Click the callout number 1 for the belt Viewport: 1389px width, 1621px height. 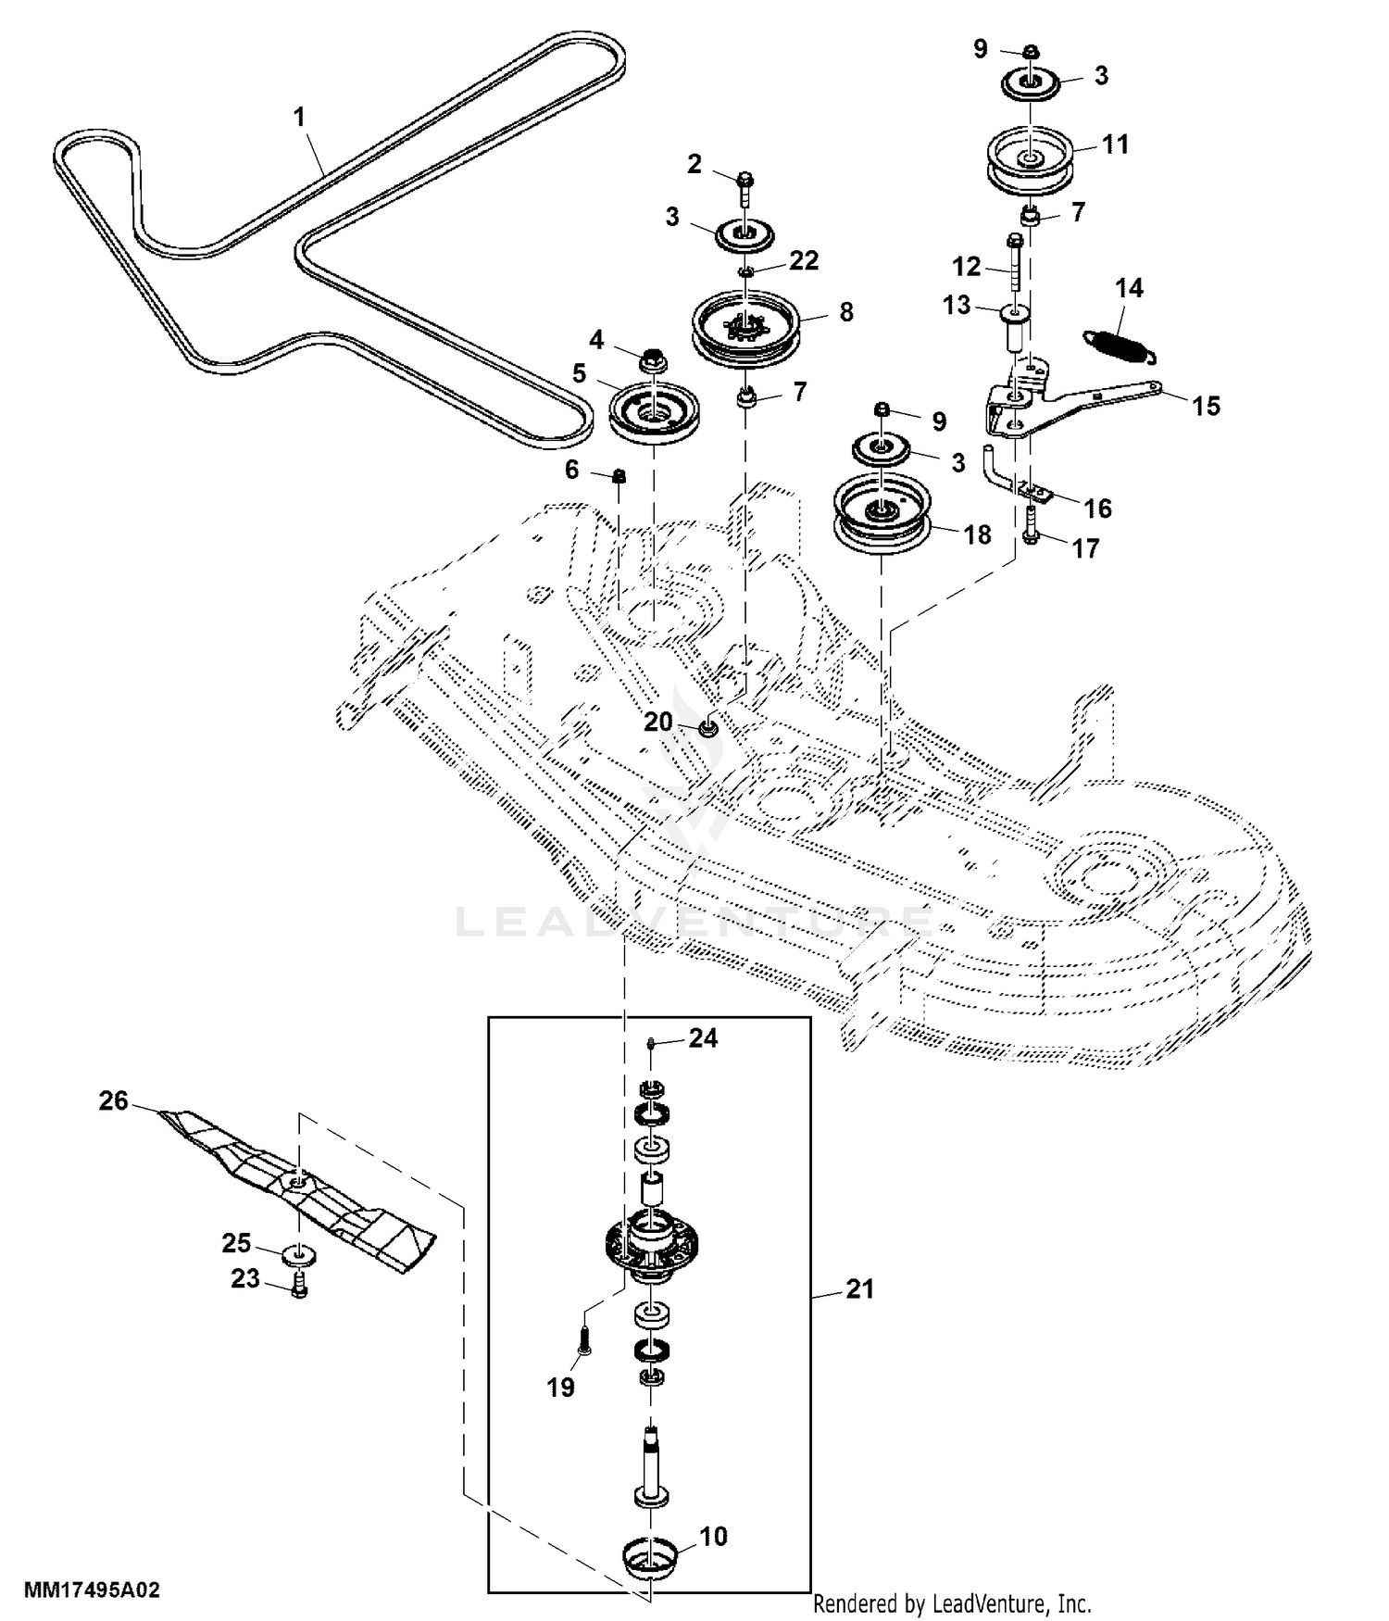click(x=299, y=118)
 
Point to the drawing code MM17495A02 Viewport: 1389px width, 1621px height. click(x=92, y=1590)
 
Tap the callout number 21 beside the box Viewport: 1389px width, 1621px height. click(x=860, y=1288)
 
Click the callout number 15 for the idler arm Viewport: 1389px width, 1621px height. click(x=1206, y=406)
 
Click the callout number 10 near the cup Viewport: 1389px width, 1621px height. click(x=713, y=1536)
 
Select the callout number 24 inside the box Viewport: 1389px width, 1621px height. click(x=703, y=1038)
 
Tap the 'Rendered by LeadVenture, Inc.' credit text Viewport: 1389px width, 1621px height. click(x=952, y=1603)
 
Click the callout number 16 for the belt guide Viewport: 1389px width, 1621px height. click(x=1097, y=508)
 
